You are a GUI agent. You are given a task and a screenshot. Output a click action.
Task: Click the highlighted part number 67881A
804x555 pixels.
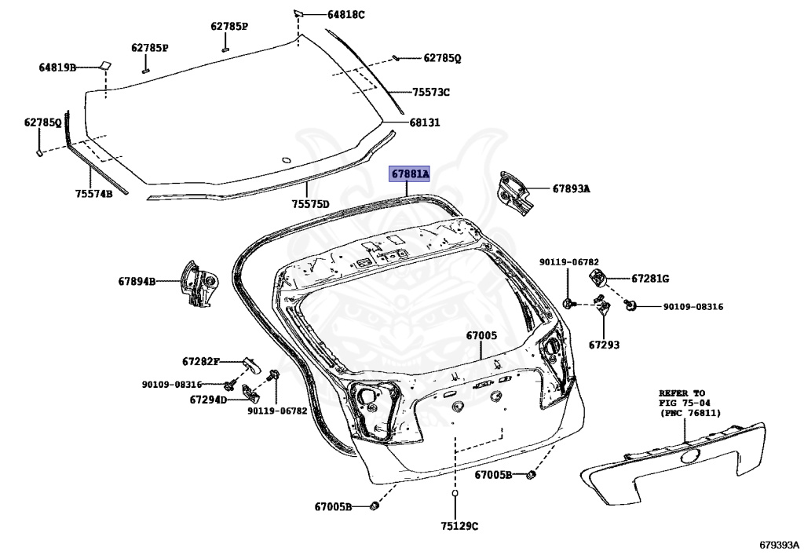(x=411, y=174)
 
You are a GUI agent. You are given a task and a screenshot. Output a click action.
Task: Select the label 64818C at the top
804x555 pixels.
(x=346, y=14)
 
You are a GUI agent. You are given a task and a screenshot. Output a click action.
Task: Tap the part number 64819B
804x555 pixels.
(x=57, y=68)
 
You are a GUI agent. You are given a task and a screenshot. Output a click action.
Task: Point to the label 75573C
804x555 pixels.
(x=431, y=92)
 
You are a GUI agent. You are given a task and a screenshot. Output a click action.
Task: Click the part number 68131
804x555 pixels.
(x=424, y=122)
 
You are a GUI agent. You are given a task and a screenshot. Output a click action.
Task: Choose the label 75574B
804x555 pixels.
(x=93, y=193)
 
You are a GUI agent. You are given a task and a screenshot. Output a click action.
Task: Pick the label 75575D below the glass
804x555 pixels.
(x=310, y=204)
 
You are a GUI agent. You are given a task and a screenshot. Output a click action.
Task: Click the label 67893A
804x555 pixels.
(x=571, y=188)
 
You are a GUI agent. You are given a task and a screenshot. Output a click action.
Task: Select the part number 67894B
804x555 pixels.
(x=137, y=280)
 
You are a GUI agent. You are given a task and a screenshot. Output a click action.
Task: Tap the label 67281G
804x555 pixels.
(x=650, y=278)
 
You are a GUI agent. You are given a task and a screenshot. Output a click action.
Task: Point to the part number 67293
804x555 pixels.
(x=604, y=344)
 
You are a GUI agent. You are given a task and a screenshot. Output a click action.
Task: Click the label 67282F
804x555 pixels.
(x=200, y=361)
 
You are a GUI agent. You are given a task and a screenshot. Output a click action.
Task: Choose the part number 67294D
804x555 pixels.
(x=207, y=399)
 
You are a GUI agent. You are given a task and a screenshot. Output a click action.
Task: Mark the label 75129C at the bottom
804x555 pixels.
(x=459, y=525)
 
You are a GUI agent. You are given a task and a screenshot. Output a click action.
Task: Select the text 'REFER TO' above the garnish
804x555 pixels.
(x=682, y=393)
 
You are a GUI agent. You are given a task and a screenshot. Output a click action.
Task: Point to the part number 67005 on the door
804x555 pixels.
(x=481, y=335)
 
